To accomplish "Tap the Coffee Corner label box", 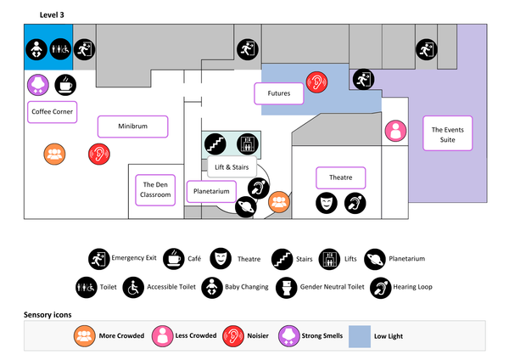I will tap(52, 111).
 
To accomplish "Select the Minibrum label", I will tap(133, 126).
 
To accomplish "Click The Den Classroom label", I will tap(156, 189).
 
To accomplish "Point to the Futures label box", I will tap(279, 93).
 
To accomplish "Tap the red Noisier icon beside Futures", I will tap(317, 82).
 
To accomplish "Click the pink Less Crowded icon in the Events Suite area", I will tap(395, 131).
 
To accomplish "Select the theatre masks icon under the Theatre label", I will tap(327, 203).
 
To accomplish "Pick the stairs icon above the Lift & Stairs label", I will tap(214, 143).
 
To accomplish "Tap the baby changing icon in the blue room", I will tap(36, 50).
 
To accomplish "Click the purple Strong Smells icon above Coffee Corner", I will tap(38, 84).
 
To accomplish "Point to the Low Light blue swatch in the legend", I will tap(361, 335).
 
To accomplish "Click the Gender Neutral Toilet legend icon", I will tap(286, 286).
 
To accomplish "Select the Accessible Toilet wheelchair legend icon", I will tap(133, 286).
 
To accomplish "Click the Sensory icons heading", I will tap(48, 314).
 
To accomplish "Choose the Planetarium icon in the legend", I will tap(374, 257).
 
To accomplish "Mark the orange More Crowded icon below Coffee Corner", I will tap(54, 154).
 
